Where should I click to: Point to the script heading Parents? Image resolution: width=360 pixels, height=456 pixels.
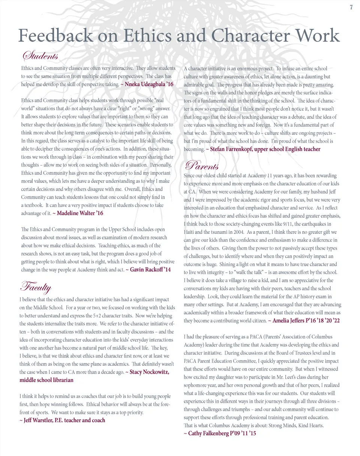pos(202,165)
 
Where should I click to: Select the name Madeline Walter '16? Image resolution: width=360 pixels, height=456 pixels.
pos(80,213)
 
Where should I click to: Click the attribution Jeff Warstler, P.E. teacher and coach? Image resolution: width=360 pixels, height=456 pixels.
pos(62,420)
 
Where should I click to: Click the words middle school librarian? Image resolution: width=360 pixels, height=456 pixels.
pos(46,380)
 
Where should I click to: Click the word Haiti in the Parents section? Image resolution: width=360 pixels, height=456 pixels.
pos(190,232)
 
